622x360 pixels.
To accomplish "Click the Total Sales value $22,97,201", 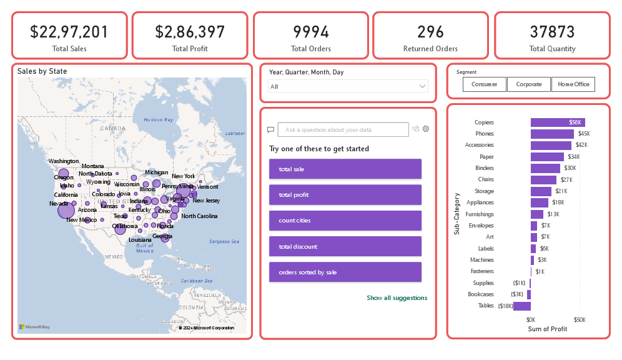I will click(x=69, y=32).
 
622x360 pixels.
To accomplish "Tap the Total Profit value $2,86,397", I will click(x=190, y=32).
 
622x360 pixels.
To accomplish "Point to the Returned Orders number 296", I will click(x=430, y=32).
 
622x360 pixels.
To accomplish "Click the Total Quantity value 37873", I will click(x=552, y=32).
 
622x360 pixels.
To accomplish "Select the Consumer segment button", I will click(x=484, y=84).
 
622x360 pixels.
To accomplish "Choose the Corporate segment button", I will click(x=528, y=84).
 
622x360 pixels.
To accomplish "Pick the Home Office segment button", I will click(x=573, y=84).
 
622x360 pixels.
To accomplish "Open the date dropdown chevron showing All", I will click(x=422, y=86).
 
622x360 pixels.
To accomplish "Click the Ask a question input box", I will click(x=343, y=129).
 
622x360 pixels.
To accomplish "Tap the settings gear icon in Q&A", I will click(x=426, y=129).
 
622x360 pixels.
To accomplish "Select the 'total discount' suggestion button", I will click(x=345, y=246).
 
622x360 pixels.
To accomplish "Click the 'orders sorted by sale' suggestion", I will click(x=345, y=272).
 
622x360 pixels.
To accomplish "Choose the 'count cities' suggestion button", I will click(x=345, y=221).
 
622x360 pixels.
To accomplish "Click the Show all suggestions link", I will click(x=397, y=298).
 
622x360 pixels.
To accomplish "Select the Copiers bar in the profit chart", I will click(x=557, y=122).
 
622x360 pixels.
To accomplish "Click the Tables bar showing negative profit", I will click(x=521, y=306).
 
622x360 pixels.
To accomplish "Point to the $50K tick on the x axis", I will click(x=580, y=319).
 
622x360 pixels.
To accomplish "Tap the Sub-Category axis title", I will click(x=457, y=214).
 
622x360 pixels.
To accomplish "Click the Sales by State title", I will click(x=42, y=71).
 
